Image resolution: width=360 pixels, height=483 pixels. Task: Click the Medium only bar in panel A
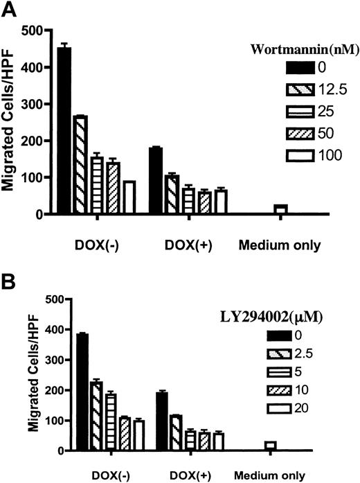coord(280,209)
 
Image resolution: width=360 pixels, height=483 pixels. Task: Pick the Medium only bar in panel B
coord(270,446)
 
